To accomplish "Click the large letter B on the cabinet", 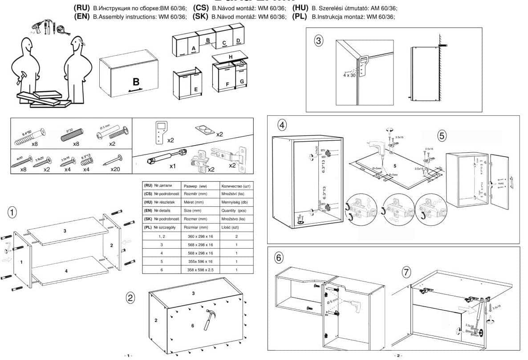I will coord(136,82).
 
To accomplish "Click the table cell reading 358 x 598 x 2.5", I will coord(198,270).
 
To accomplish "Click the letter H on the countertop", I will coord(231,57).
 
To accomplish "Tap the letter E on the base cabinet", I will coord(196,89).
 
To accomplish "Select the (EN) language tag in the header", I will coord(82,16).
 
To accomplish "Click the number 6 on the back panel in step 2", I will coord(192,326).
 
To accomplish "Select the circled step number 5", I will coord(442,136).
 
